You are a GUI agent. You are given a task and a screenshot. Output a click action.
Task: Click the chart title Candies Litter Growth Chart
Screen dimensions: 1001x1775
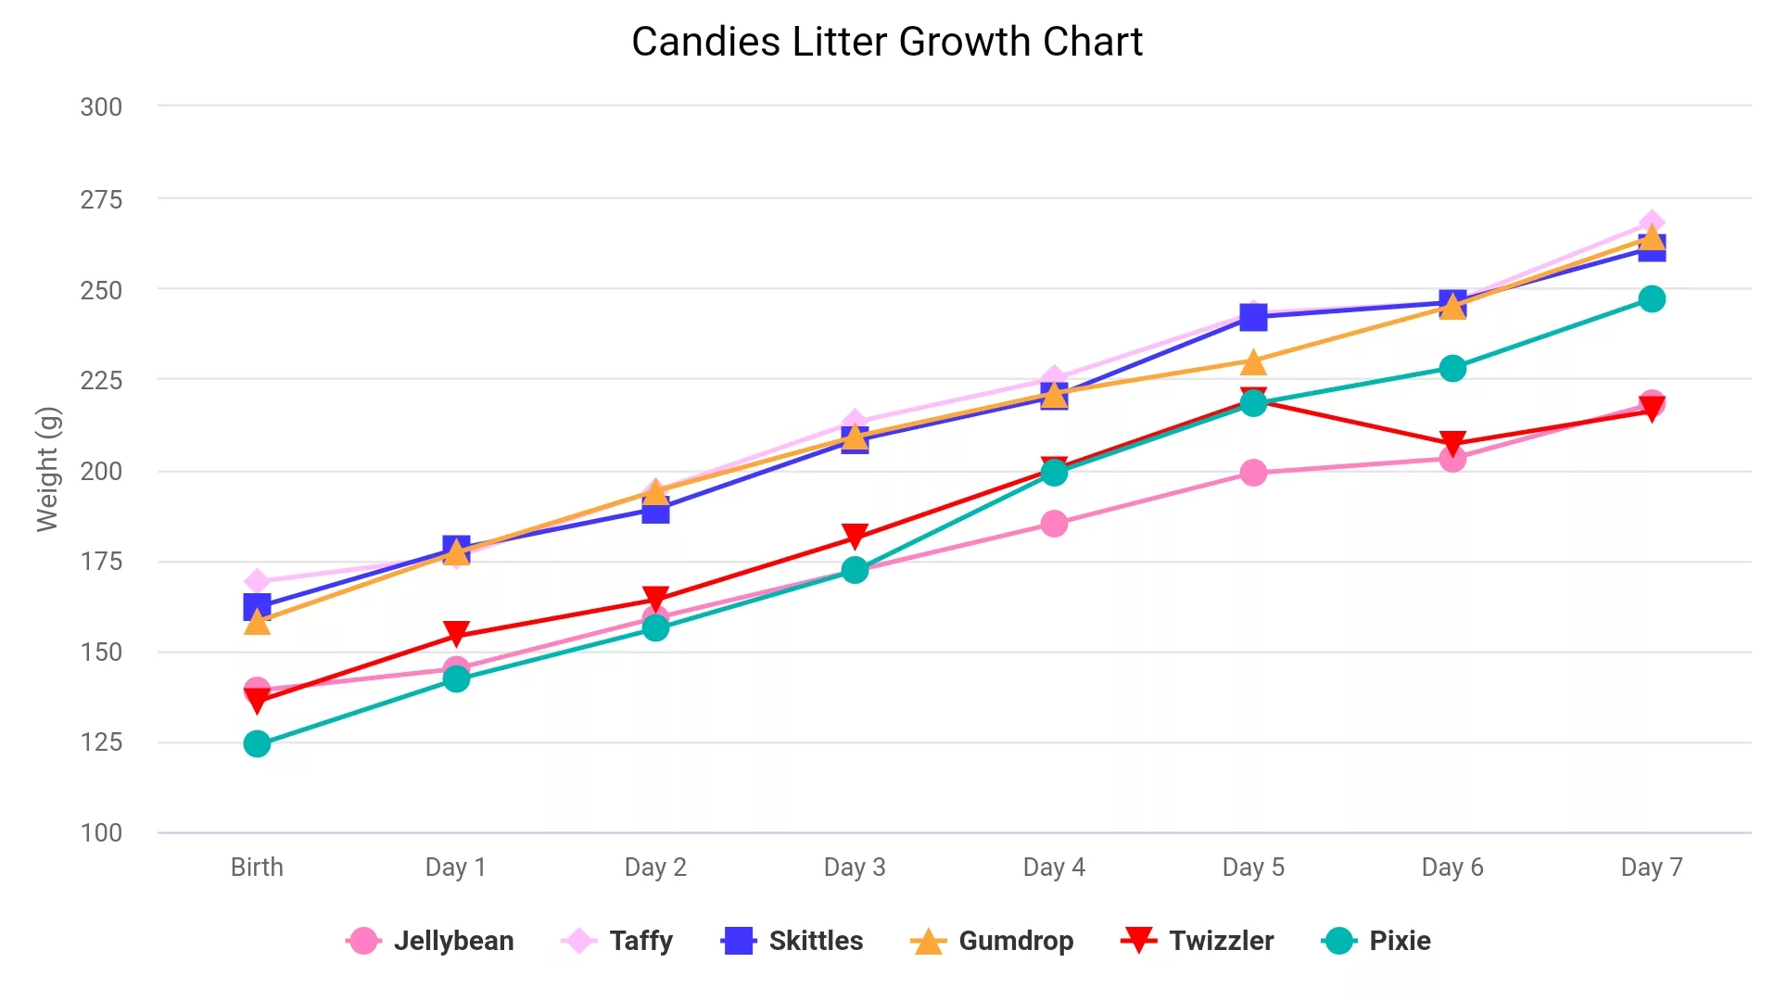[887, 42]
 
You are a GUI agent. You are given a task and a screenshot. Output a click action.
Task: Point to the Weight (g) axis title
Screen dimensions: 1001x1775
[47, 469]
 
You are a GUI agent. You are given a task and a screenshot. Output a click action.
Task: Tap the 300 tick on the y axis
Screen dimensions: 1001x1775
[101, 108]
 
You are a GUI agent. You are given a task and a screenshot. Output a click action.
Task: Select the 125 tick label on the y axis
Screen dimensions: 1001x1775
[101, 742]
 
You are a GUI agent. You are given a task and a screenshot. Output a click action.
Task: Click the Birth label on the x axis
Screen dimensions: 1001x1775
[257, 868]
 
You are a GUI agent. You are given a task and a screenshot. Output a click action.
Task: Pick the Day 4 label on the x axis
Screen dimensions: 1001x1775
[1054, 868]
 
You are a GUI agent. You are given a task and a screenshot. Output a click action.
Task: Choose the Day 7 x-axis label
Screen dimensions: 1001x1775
[1652, 868]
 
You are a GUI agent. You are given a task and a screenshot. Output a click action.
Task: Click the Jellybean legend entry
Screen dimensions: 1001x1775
[430, 941]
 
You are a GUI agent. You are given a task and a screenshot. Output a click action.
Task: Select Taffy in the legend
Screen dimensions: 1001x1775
[618, 941]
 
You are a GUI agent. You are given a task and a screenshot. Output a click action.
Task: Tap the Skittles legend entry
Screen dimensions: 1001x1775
[792, 941]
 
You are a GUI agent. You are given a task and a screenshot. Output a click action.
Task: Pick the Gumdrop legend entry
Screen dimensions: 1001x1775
[993, 941]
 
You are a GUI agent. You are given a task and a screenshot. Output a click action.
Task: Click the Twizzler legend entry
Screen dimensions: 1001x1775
[1198, 941]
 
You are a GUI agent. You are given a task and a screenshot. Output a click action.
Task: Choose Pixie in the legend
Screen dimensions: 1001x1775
[1376, 941]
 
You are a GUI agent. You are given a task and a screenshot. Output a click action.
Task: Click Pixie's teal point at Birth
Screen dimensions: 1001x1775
[257, 744]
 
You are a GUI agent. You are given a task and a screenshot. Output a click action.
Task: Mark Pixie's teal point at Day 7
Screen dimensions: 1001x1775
[1652, 299]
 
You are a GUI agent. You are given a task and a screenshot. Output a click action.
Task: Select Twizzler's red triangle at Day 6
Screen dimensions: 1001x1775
[1452, 443]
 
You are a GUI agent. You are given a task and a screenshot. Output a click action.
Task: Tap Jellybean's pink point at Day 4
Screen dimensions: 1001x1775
[1054, 524]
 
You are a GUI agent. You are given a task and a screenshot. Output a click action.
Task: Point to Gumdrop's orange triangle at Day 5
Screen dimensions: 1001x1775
[1253, 361]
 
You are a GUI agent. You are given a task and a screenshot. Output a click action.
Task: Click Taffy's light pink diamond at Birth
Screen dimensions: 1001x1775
[257, 582]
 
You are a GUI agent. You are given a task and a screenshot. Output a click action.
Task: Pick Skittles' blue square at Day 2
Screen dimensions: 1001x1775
[655, 511]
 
